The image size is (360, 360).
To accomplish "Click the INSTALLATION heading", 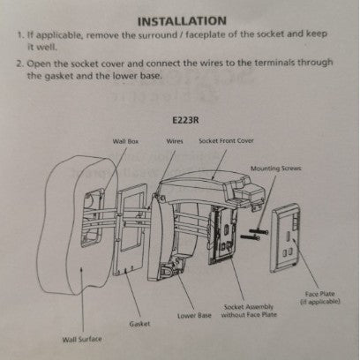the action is (182, 21).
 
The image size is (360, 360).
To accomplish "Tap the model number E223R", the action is (185, 120).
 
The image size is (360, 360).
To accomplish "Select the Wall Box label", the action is (125, 141).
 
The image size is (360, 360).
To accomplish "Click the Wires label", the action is (175, 141).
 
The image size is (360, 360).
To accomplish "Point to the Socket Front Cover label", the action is (226, 141).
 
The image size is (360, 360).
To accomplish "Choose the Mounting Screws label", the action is (276, 169).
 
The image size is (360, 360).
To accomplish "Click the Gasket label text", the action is (139, 324).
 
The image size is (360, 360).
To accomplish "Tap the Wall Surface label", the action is (82, 340).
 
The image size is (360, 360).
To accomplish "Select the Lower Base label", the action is (194, 316).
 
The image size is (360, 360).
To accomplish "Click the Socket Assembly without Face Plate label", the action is (249, 311).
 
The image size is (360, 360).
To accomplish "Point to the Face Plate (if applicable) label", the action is (320, 297).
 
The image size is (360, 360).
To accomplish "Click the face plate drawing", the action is (285, 238).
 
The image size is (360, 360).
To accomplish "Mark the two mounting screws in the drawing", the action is (254, 235).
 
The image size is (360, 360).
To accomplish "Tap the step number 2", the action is (20, 64).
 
